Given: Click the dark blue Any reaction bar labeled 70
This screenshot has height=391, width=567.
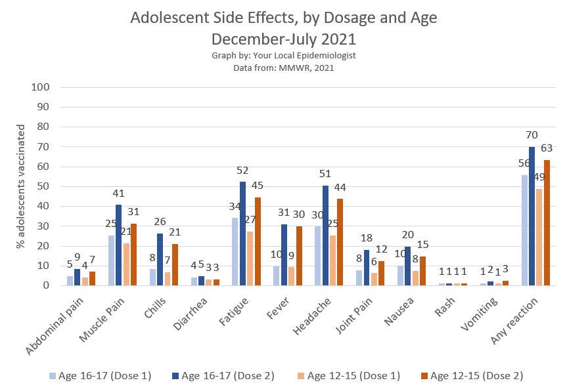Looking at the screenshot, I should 532,216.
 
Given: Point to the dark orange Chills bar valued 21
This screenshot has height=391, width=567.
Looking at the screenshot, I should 175,265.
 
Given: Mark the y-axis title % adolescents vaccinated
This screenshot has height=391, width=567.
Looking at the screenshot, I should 20,186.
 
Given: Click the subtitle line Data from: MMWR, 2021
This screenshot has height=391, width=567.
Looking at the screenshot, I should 283,67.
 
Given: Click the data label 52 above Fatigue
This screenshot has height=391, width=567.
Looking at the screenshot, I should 243,171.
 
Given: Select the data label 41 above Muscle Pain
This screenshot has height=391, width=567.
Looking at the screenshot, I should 119,193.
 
